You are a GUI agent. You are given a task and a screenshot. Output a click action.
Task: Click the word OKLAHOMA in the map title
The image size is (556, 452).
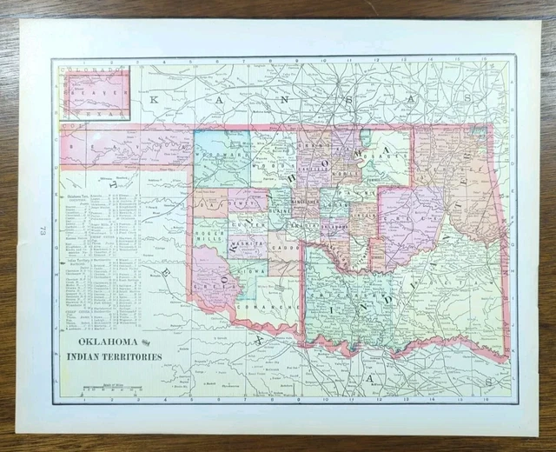[96, 342]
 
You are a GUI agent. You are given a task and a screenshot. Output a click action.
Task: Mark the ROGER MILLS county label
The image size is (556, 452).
[210, 238]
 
